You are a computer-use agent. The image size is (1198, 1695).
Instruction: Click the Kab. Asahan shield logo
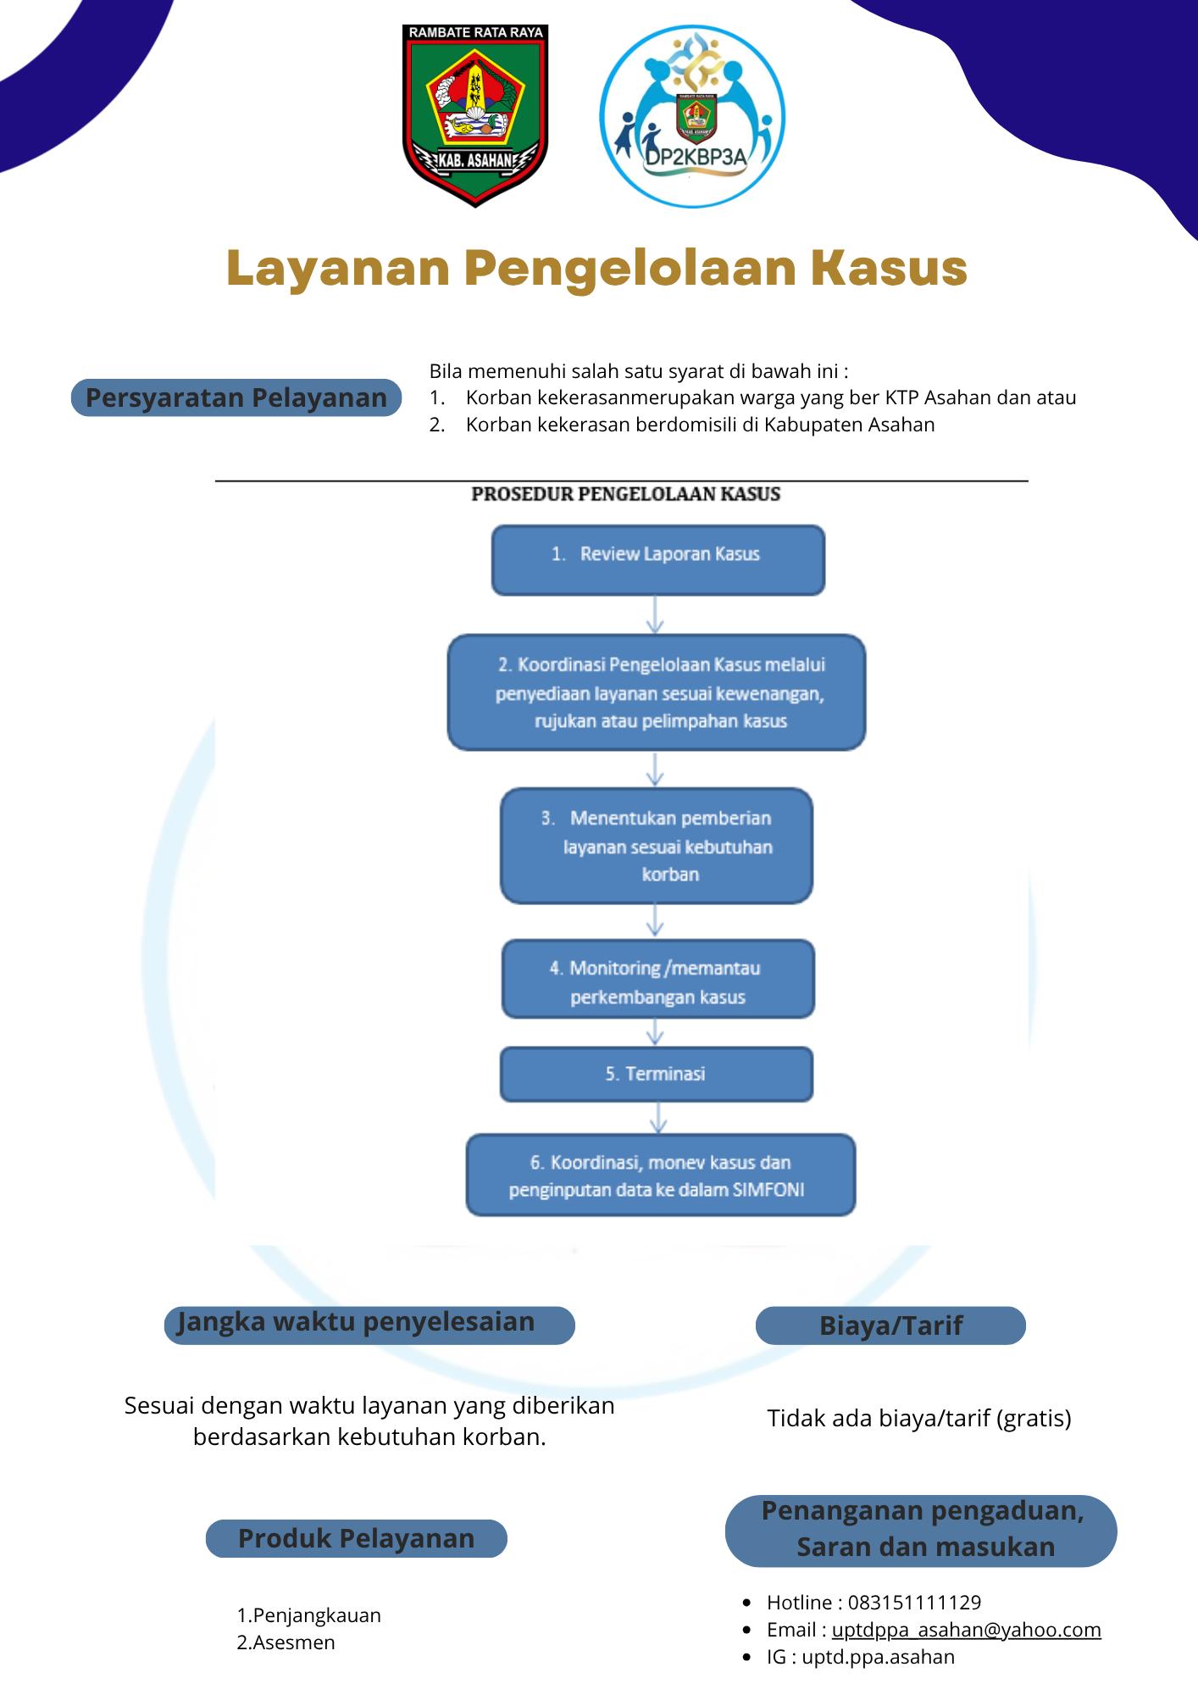point(474,115)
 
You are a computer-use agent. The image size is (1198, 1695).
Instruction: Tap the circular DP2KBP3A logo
point(692,117)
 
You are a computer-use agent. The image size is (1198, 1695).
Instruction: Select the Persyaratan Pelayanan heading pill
point(236,397)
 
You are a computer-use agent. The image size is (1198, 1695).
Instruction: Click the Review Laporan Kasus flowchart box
point(658,559)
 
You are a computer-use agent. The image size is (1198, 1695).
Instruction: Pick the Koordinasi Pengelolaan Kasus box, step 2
point(657,692)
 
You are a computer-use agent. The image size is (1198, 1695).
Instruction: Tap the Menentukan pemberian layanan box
point(657,846)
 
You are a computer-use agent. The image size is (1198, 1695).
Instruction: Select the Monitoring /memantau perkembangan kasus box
point(658,979)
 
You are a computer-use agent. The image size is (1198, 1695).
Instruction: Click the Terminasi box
point(657,1075)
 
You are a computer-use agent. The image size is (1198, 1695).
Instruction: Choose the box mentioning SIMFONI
point(661,1175)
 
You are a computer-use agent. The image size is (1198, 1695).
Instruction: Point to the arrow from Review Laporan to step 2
point(655,614)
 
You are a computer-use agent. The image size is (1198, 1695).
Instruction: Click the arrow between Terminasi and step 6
point(657,1118)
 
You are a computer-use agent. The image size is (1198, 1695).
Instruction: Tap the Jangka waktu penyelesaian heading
point(369,1325)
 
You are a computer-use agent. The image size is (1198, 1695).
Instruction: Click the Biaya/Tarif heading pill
point(890,1325)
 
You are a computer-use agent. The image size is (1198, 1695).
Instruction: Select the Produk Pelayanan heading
point(357,1538)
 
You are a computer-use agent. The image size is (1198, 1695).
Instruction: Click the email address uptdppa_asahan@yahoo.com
point(966,1630)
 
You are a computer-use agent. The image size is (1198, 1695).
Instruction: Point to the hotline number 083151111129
point(914,1603)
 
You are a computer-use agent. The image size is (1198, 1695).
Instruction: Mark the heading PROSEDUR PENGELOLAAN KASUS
point(626,494)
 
